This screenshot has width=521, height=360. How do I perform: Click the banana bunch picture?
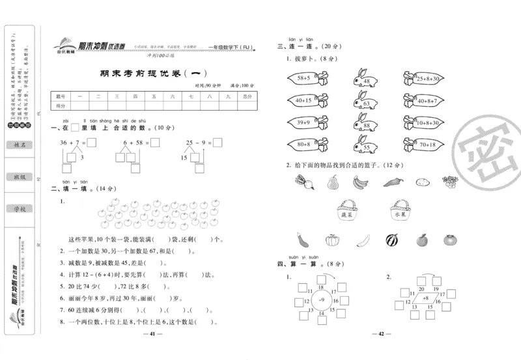[360, 183]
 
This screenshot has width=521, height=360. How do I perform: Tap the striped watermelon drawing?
[391, 241]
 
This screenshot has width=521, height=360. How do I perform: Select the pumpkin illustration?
[332, 241]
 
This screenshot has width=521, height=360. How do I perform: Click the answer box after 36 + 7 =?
[91, 143]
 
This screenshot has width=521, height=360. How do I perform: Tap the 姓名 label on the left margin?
[20, 145]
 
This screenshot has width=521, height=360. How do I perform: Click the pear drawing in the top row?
[333, 183]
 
